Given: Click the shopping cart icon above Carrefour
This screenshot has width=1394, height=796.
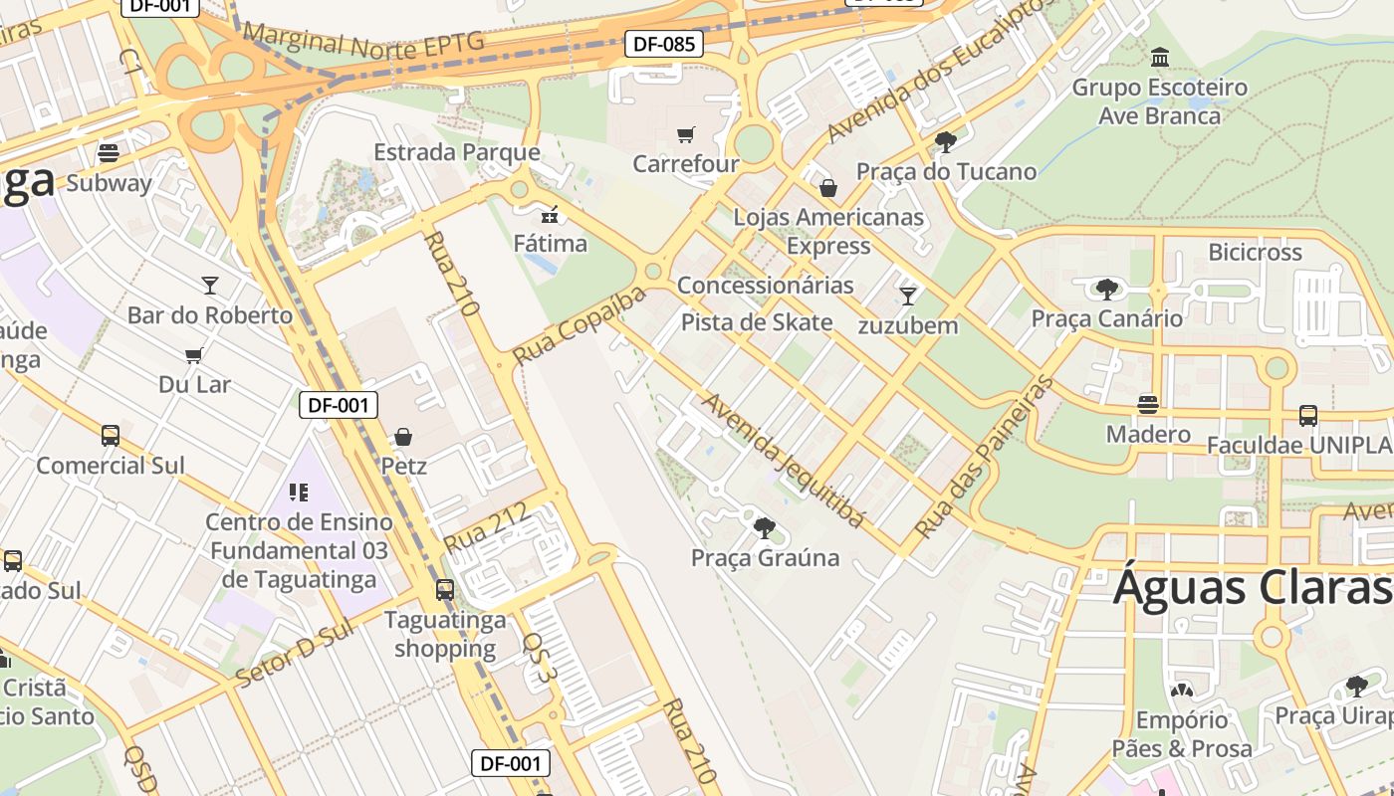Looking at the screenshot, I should click(685, 134).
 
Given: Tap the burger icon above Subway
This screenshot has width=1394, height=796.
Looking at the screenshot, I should click(109, 153).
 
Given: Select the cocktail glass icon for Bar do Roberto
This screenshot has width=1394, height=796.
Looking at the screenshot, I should click(209, 286).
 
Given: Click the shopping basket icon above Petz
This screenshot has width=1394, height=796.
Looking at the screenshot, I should click(403, 436).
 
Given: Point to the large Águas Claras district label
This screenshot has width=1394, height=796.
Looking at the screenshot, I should click(1252, 587).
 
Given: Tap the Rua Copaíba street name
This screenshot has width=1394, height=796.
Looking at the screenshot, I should click(579, 325).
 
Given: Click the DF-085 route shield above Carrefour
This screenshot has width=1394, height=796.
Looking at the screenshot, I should click(664, 44).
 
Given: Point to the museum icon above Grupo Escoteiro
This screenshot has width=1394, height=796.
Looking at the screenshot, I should click(1159, 58).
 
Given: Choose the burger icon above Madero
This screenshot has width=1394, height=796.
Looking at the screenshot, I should click(1148, 405).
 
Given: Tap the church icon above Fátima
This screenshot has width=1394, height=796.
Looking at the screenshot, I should click(550, 214).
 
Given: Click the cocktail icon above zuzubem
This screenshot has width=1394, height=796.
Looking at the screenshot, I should click(907, 296).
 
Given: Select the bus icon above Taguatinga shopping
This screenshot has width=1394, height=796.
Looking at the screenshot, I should click(444, 590).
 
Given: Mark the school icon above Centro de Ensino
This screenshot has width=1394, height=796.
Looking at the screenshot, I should click(299, 492).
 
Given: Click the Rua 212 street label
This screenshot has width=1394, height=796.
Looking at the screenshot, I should click(486, 529).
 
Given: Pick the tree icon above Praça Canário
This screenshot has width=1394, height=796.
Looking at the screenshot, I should click(1106, 290).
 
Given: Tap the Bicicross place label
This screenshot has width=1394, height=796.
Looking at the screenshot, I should click(1255, 252).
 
